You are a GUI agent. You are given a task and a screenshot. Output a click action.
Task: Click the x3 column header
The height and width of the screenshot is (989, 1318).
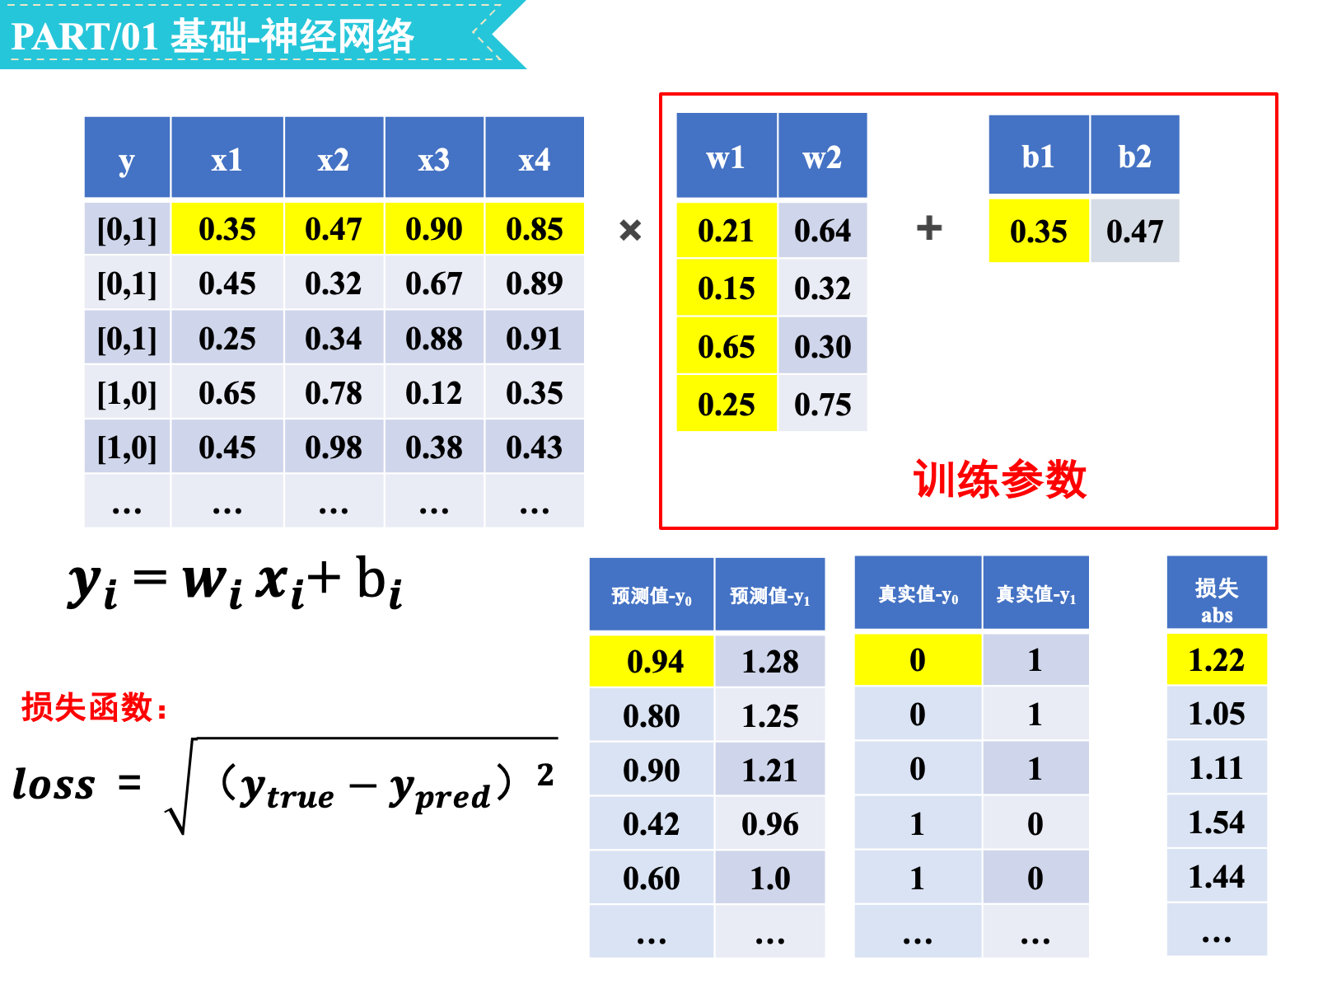tap(433, 157)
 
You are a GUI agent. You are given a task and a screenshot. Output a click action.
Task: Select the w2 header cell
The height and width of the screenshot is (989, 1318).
tap(821, 155)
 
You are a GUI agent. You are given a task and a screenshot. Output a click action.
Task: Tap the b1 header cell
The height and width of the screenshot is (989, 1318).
tap(1038, 154)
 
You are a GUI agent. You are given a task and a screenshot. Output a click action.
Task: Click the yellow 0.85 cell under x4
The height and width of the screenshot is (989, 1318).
tap(534, 228)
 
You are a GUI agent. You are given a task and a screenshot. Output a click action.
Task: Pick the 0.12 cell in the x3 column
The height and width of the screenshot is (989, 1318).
tap(433, 392)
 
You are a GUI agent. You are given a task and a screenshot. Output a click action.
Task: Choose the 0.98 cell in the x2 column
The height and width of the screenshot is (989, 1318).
tap(334, 447)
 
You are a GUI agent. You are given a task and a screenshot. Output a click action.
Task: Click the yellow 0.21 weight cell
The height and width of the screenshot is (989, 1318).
tap(726, 230)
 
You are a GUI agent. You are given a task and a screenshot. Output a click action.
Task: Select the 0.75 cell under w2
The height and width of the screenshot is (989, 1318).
tap(821, 404)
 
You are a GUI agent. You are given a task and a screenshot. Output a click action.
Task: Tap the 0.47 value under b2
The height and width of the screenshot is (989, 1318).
tap(1133, 231)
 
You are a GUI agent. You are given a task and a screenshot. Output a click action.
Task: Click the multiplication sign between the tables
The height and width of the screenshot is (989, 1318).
tap(630, 229)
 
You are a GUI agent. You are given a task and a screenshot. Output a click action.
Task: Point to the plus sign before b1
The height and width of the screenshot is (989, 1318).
tap(928, 227)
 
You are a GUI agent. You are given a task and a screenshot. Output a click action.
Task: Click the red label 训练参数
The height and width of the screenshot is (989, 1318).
tap(998, 479)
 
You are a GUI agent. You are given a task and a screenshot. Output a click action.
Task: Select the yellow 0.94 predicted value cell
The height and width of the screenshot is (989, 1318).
tap(651, 660)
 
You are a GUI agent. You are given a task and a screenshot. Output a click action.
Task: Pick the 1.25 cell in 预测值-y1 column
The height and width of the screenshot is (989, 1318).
tap(769, 715)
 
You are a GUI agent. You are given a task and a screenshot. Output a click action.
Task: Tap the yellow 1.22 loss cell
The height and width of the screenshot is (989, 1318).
tap(1216, 659)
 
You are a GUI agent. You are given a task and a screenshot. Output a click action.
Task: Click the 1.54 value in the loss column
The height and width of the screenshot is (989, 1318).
tap(1216, 821)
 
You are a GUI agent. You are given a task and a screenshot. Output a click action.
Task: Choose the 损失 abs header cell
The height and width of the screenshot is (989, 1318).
tap(1216, 592)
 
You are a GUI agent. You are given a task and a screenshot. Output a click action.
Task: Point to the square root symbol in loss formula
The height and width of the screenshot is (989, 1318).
tap(180, 786)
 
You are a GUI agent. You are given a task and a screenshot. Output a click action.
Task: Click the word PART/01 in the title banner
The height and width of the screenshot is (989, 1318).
tap(85, 36)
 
